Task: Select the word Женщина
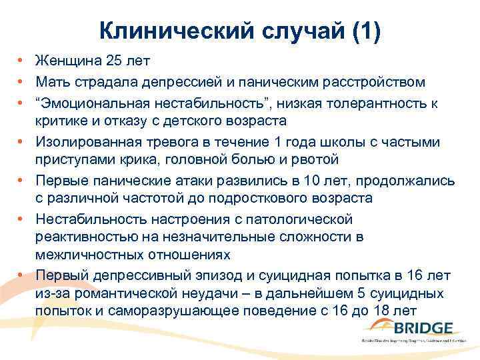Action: coord(68,61)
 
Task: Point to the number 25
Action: coord(113,61)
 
